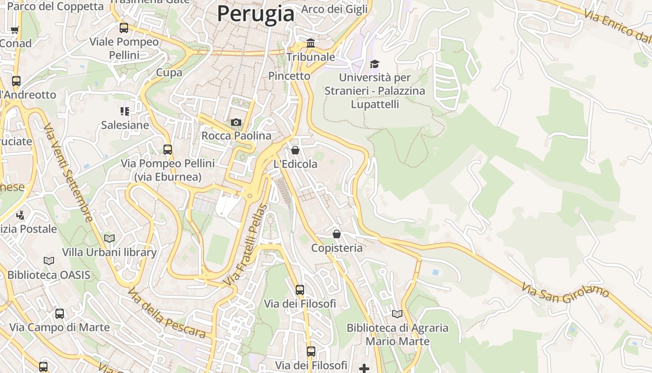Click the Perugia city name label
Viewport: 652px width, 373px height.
coord(256,14)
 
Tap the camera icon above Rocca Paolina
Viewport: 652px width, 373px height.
coord(236,122)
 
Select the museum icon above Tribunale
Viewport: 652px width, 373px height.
coord(310,43)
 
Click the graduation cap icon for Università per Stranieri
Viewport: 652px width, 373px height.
coord(374,64)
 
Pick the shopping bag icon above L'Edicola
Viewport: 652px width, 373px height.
coord(295,150)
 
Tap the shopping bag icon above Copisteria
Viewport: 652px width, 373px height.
coord(336,234)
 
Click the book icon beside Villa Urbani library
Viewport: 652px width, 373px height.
coord(109,239)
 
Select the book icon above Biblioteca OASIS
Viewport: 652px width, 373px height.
coord(49,261)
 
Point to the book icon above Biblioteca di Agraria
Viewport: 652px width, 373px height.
coord(397,314)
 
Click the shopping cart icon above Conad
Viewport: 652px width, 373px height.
coord(14,30)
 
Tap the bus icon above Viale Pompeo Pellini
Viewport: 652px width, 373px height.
coord(124,28)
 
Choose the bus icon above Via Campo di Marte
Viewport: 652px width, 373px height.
coord(60,314)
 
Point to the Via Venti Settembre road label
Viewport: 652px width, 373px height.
coord(68,173)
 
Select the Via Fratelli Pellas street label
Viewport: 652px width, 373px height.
coord(245,245)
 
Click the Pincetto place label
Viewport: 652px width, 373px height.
coord(289,76)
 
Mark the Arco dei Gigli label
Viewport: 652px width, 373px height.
coord(334,9)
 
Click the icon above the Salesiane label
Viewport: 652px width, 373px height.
coord(125,111)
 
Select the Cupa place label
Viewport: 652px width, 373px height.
coord(169,72)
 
